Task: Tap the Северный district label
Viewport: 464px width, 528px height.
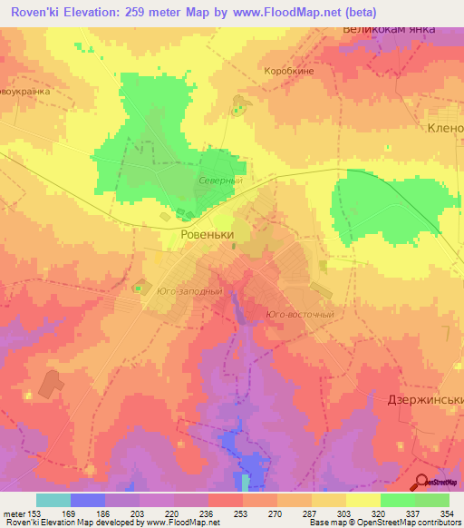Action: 219,181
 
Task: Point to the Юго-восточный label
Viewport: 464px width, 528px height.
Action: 300,315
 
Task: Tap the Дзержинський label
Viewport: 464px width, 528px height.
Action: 426,399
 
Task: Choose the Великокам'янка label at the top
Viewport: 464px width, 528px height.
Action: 389,28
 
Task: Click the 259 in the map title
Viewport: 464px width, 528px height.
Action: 154,10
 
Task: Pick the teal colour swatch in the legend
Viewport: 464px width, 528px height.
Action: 53,500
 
